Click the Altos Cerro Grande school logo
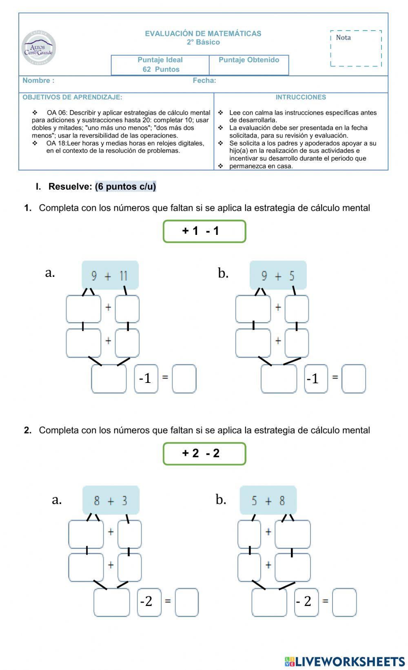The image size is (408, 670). click(x=39, y=48)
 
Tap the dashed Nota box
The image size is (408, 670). click(x=356, y=48)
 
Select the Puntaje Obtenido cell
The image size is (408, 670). click(x=249, y=65)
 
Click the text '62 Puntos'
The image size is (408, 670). click(x=161, y=69)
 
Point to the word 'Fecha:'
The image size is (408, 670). click(x=204, y=80)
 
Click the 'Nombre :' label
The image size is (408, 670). click(x=38, y=80)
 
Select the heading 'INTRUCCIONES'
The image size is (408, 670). click(x=301, y=97)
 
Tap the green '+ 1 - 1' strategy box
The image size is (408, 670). click(x=204, y=231)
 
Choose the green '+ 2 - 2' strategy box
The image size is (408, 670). click(x=204, y=453)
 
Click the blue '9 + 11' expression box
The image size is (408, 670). click(x=110, y=276)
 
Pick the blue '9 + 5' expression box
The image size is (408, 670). click(x=278, y=276)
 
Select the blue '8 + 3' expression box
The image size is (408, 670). click(x=111, y=500)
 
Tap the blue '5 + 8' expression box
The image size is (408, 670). click(x=268, y=500)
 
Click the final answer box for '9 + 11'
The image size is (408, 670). click(x=184, y=379)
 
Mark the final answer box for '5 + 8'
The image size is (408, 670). click(x=344, y=602)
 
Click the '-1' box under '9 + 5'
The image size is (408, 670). click(x=316, y=379)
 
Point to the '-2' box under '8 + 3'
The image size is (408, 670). click(x=149, y=602)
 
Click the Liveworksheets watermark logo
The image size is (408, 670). click(x=345, y=661)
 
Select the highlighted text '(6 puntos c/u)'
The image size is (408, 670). click(x=125, y=186)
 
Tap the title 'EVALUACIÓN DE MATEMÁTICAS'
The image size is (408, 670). click(x=203, y=33)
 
